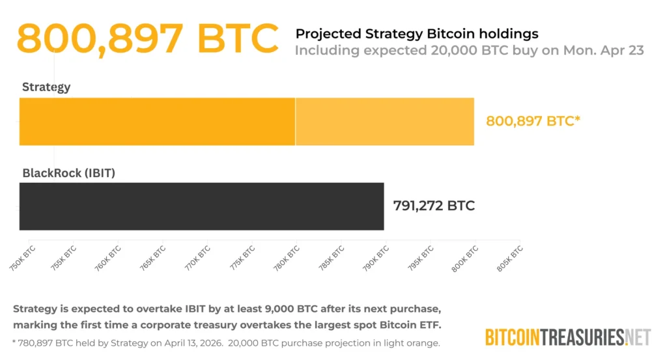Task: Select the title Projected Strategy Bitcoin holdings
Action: point(417,33)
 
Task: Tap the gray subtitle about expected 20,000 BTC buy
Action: point(469,51)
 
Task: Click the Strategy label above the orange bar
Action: point(46,87)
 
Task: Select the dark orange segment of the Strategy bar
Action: point(157,121)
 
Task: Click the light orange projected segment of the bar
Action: point(384,121)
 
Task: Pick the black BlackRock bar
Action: point(201,206)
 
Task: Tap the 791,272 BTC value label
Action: point(434,206)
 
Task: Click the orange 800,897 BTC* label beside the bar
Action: point(533,120)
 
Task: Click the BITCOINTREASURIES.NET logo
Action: point(568,337)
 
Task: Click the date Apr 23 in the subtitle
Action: point(625,51)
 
